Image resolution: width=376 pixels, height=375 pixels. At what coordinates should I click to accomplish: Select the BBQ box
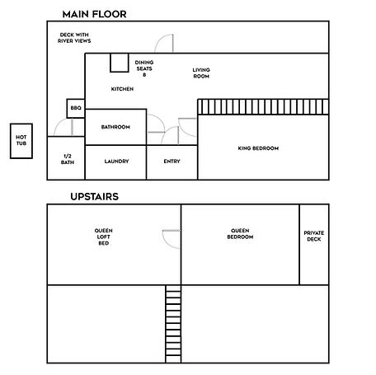pyautogui.click(x=76, y=108)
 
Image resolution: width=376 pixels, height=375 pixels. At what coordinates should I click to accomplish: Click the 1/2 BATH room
pyautogui.click(x=67, y=158)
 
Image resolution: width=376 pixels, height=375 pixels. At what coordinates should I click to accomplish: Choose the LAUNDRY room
pyautogui.click(x=116, y=162)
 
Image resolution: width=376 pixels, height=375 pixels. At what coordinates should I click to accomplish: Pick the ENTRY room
pyautogui.click(x=172, y=162)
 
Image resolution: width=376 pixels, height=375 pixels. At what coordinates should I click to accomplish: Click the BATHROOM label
pyautogui.click(x=116, y=127)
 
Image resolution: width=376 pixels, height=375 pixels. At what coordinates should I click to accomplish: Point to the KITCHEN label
pyautogui.click(x=122, y=89)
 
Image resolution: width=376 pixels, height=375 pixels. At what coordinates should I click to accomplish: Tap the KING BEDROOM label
pyautogui.click(x=258, y=148)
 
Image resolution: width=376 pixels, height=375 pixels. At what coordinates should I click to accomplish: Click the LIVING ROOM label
pyautogui.click(x=201, y=73)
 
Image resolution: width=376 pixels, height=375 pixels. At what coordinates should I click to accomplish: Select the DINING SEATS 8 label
pyautogui.click(x=144, y=68)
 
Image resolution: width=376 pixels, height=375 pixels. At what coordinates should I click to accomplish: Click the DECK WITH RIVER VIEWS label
pyautogui.click(x=74, y=37)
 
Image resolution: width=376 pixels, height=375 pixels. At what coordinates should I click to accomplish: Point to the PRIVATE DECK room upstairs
pyautogui.click(x=314, y=236)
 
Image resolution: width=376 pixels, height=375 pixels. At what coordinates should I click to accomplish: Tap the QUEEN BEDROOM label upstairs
pyautogui.click(x=240, y=234)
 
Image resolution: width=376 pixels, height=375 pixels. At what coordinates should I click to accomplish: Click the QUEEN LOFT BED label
pyautogui.click(x=103, y=237)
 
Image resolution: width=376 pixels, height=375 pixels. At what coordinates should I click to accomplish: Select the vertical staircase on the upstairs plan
pyautogui.click(x=173, y=324)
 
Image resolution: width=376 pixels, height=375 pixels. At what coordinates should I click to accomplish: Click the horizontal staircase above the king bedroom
pyautogui.click(x=262, y=107)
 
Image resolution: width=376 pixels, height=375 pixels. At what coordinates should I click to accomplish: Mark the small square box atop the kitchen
pyautogui.click(x=119, y=63)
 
